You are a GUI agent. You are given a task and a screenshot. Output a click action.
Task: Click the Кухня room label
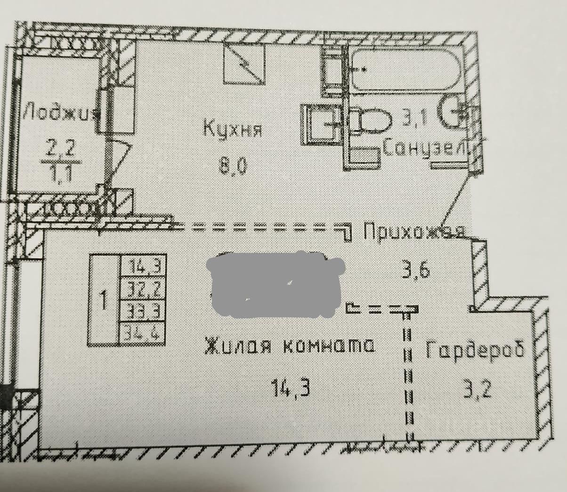tap(232, 129)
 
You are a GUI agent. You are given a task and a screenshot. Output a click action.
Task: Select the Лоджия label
tap(60, 113)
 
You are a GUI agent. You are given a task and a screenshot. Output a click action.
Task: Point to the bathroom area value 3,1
tap(413, 118)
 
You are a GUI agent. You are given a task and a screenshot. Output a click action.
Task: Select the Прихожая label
tap(414, 232)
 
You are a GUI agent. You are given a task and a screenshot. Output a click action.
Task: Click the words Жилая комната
tap(290, 346)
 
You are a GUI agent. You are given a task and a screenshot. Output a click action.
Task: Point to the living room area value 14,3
tap(290, 388)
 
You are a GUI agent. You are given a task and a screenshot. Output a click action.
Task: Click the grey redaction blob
tap(276, 282)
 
